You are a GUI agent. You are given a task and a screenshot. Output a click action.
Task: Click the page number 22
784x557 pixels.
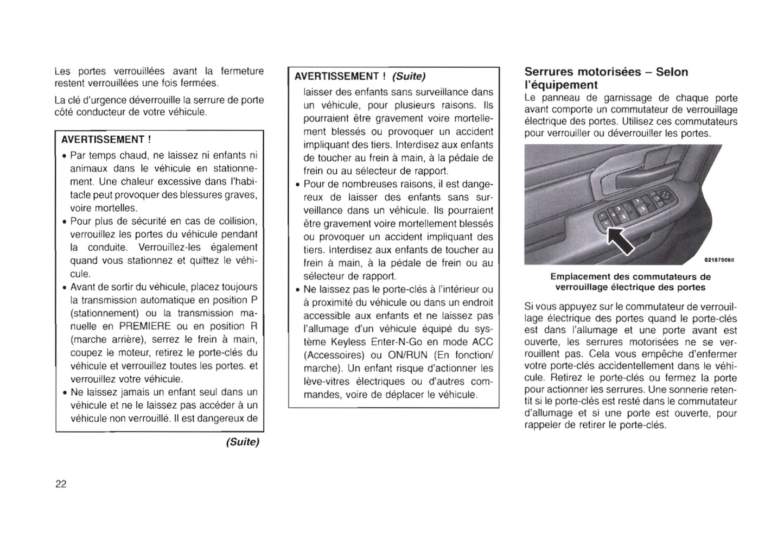61,484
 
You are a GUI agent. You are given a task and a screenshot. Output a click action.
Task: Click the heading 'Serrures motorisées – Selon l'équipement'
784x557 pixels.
606,78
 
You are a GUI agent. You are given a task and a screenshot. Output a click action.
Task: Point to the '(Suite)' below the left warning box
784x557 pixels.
243,442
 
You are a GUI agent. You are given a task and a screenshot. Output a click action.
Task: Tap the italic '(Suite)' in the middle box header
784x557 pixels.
409,76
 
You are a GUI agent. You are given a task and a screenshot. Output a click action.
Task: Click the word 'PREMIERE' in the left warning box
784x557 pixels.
145,326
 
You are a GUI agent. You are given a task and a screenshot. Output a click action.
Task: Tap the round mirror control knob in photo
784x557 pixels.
664,195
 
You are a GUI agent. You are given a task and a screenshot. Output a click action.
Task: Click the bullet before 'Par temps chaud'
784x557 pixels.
65,156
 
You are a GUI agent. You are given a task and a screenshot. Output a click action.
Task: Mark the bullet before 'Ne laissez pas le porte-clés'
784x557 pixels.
297,290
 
